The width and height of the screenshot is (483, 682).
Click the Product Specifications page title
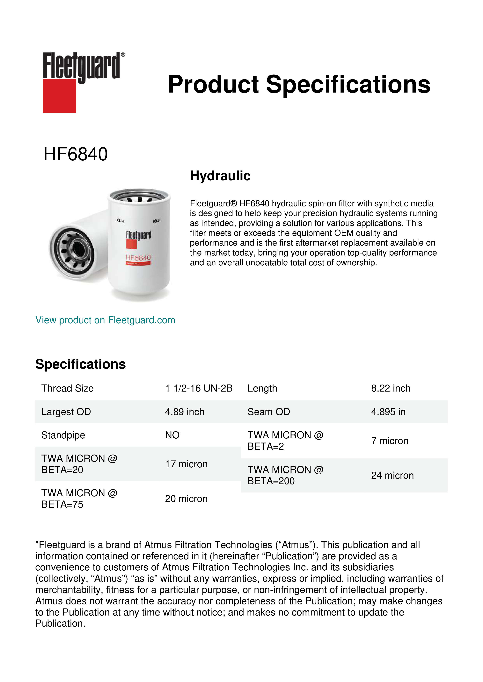(299, 84)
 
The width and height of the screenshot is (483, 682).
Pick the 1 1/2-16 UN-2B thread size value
(199, 388)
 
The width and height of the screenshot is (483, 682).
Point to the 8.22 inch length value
(391, 388)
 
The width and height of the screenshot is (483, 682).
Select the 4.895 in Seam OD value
(388, 412)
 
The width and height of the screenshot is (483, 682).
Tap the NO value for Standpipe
(172, 435)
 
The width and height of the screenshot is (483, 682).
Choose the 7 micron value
(390, 441)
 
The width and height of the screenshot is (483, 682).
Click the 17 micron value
(186, 464)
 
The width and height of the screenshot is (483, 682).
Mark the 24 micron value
(392, 476)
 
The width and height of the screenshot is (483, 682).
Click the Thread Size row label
(68, 388)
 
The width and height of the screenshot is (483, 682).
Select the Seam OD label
(269, 412)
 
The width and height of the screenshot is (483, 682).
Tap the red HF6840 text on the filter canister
(138, 258)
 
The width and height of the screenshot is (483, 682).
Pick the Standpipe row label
(63, 435)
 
